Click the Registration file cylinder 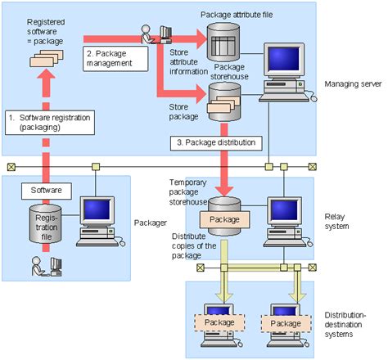(x=47, y=223)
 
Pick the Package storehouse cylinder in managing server (x=223, y=100)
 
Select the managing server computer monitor (x=286, y=63)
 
